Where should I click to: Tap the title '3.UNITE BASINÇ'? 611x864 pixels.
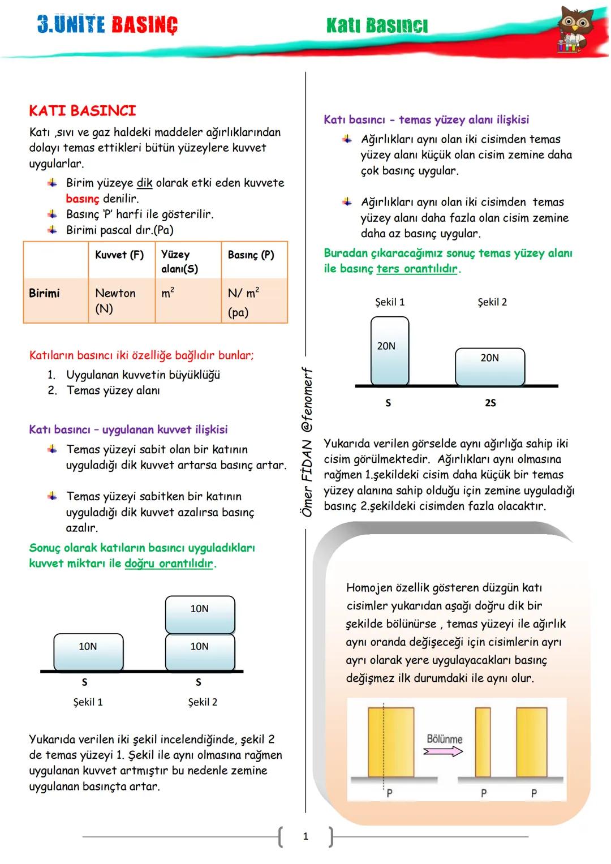107,25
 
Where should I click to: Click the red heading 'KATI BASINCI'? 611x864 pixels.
83,110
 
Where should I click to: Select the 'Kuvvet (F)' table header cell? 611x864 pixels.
119,255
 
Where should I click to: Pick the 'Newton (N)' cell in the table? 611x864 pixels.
115,300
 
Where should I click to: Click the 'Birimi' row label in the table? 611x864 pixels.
44,293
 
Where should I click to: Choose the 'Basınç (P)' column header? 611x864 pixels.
251,255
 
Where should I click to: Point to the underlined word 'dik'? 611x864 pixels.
144,183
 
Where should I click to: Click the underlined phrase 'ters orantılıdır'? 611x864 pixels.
417,269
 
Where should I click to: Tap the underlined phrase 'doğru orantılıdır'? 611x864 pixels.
169,564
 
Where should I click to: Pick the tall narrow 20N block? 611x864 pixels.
389,351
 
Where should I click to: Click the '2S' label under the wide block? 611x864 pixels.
490,403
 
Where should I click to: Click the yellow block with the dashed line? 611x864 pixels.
390,741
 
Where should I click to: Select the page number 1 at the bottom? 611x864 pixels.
305,836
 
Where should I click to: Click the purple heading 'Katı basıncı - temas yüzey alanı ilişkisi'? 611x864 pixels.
426,119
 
